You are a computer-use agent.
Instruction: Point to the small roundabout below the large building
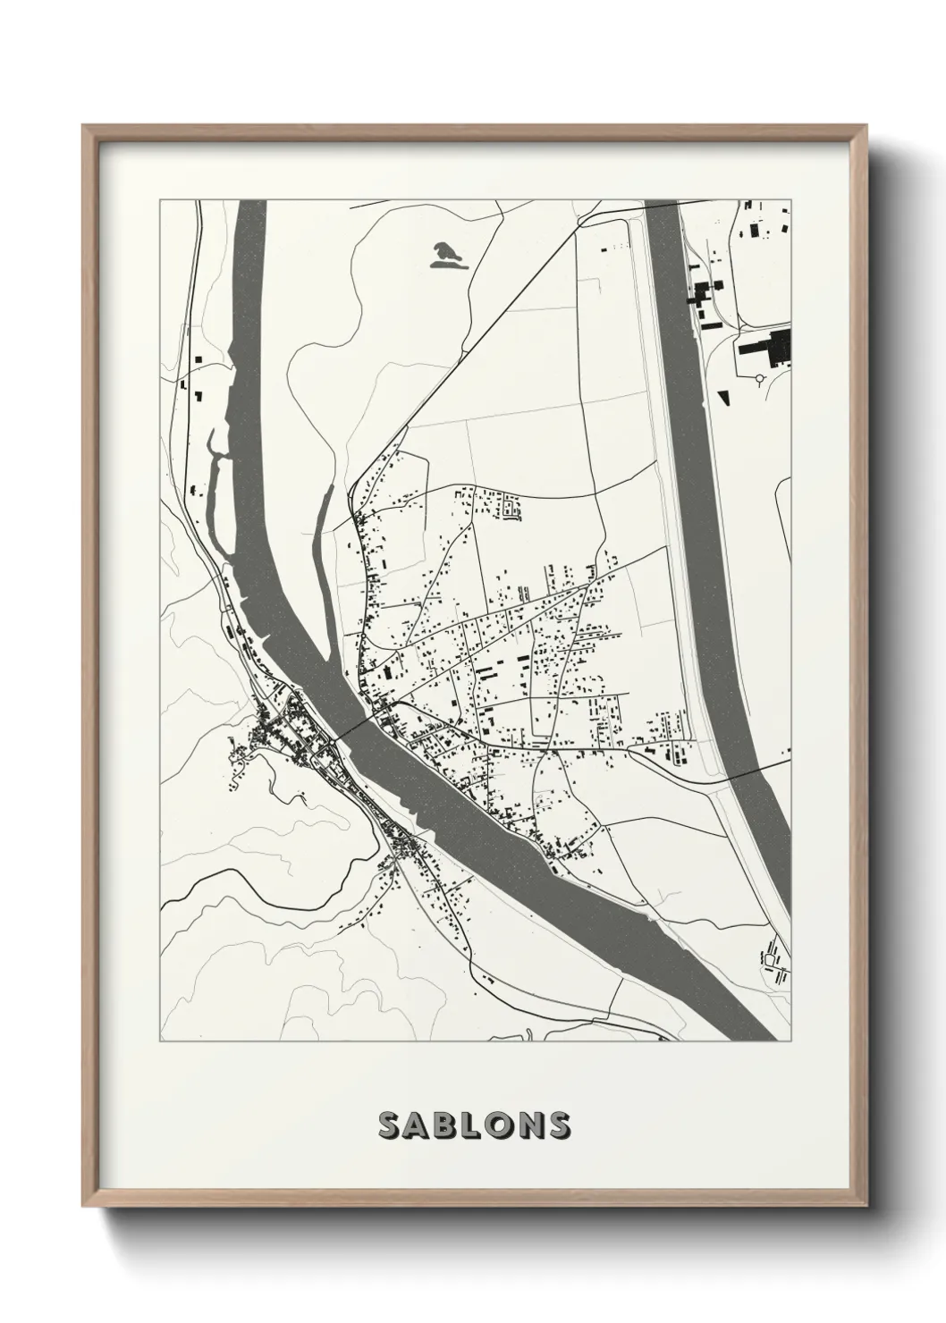[761, 379]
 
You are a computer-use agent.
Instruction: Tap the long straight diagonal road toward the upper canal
[501, 314]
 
